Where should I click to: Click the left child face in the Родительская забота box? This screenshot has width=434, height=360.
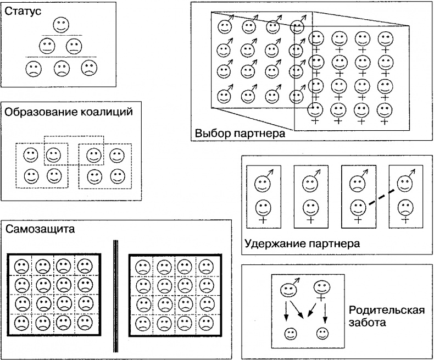290,333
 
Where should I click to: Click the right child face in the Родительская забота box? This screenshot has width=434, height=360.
322,333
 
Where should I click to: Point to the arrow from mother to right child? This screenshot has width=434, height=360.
326,311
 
